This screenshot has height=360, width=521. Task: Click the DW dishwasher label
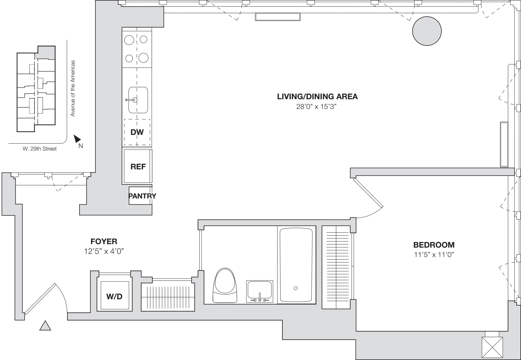137,132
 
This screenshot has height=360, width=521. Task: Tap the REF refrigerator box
138,167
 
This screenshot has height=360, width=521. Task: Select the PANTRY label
142,196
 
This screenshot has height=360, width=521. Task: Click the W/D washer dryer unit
114,296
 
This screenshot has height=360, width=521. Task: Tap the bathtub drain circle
296,288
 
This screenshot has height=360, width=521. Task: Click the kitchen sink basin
138,100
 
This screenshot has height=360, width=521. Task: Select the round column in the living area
427,31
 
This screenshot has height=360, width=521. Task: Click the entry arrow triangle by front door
45,326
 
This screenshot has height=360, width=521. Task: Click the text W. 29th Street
40,149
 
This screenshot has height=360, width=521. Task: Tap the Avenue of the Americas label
73,88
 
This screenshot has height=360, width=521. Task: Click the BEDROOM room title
434,245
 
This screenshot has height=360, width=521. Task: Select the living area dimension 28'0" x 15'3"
318,107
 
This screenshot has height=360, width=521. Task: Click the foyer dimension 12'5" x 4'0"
104,251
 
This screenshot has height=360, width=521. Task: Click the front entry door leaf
40,299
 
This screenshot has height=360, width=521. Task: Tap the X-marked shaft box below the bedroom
492,347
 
